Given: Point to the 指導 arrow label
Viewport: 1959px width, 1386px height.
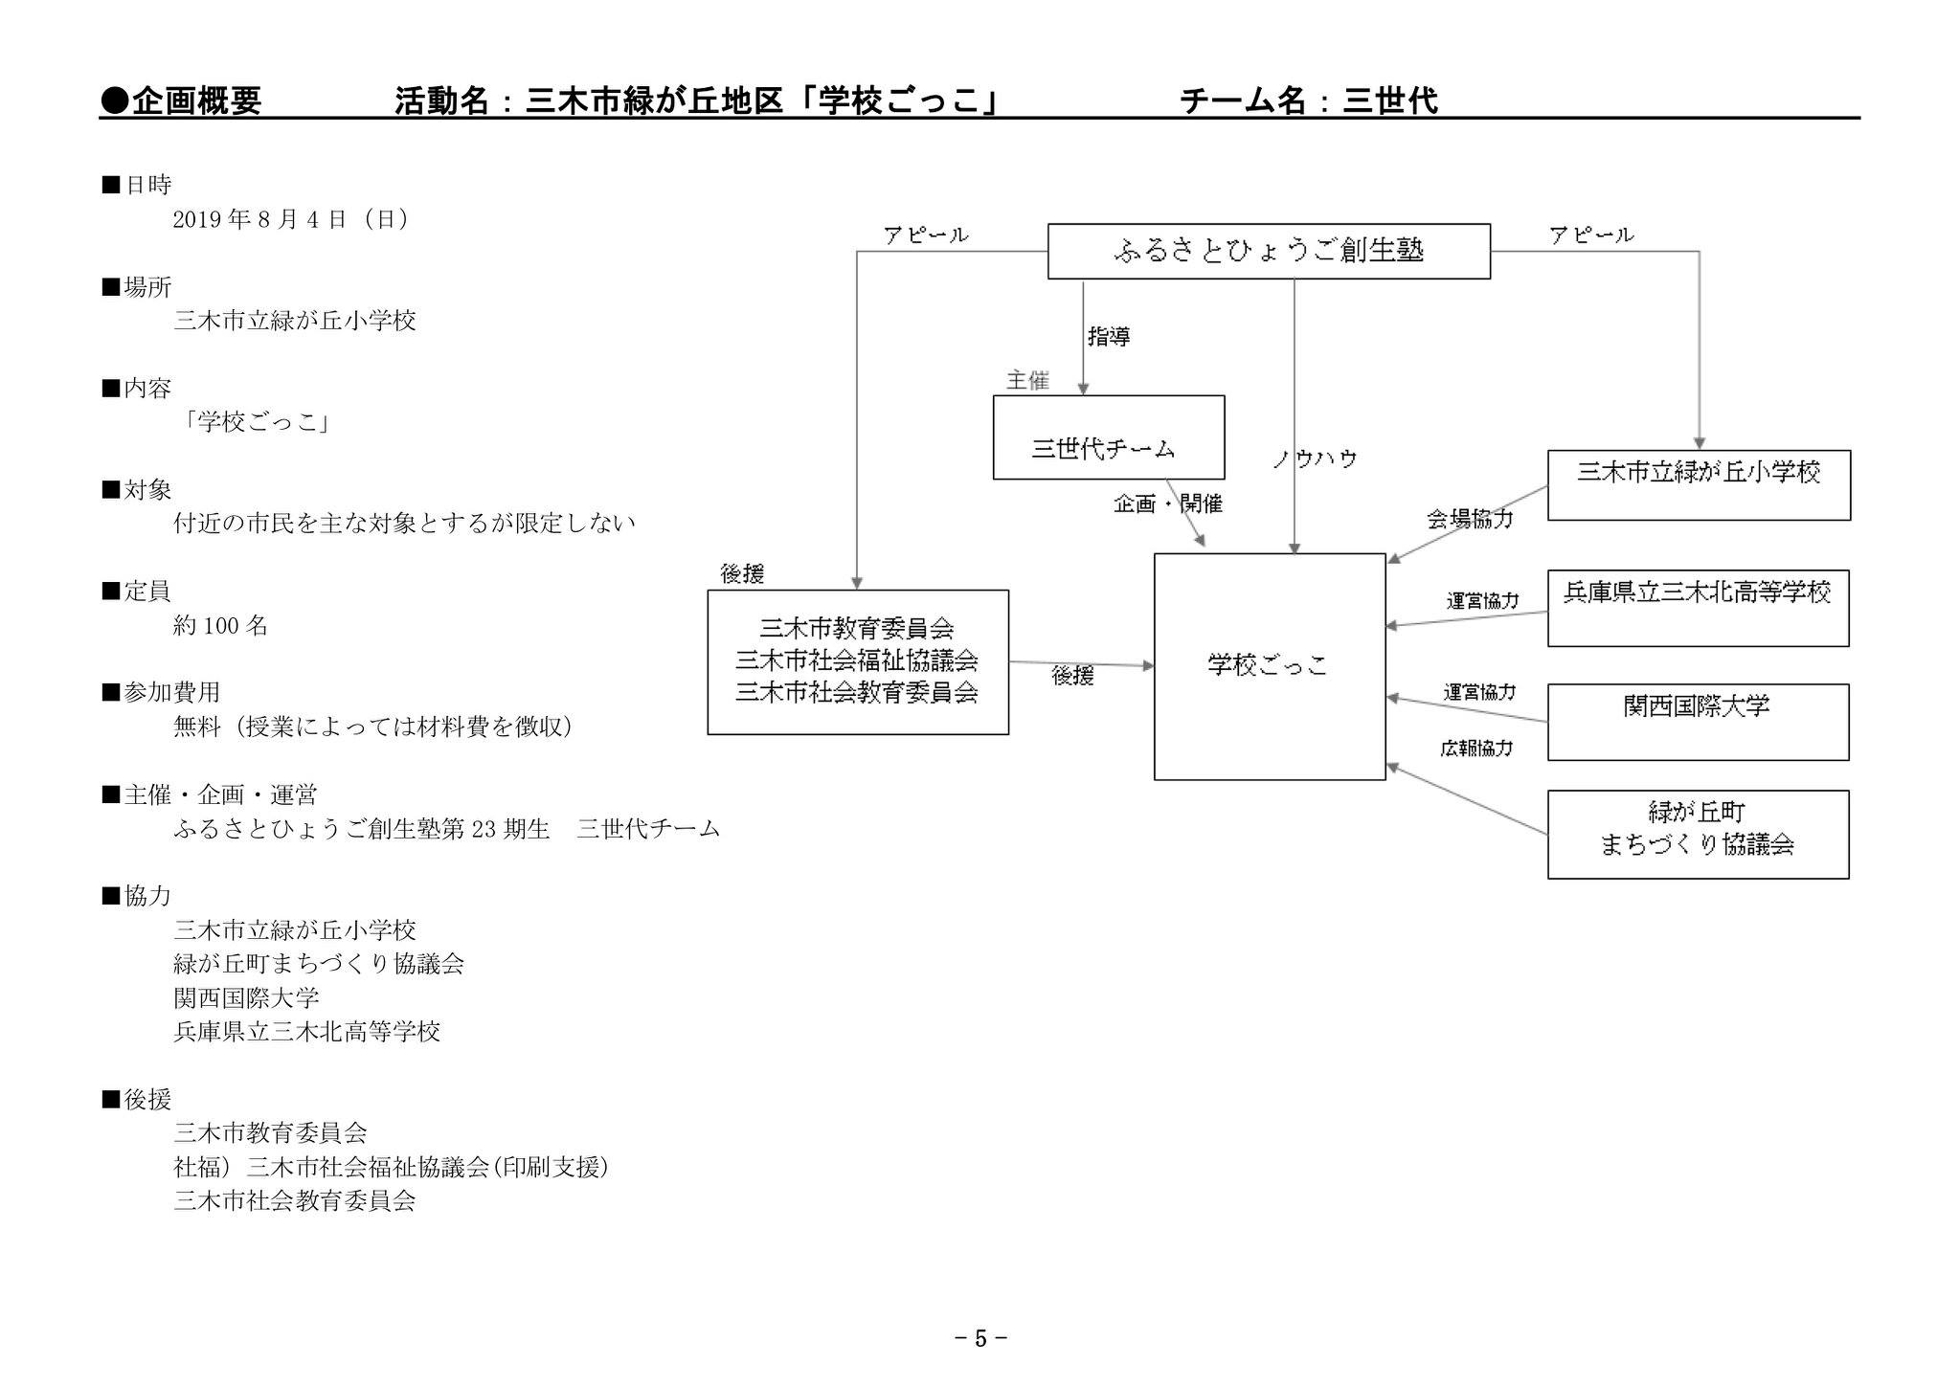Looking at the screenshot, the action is (1109, 336).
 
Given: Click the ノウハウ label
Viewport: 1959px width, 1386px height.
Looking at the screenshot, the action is (1315, 459).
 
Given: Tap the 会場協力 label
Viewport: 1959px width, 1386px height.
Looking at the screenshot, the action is (1470, 519).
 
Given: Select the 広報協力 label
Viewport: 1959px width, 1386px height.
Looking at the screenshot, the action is (1476, 749).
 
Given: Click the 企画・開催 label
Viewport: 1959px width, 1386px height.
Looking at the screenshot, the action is (1168, 503).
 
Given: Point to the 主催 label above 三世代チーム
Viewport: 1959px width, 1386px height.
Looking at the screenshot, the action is (1027, 381).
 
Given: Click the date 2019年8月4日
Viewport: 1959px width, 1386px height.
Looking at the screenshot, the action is (259, 219).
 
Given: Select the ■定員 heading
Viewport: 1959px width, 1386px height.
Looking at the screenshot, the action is (136, 591).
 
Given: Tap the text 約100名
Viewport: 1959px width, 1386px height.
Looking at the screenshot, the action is (221, 626).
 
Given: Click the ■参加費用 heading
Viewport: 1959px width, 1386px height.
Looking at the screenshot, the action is (161, 692).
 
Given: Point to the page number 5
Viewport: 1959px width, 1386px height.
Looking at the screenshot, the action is (980, 1338).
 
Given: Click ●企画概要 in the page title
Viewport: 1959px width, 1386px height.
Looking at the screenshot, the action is (180, 100).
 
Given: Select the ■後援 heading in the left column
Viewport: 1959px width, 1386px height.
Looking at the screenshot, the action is (136, 1099).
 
